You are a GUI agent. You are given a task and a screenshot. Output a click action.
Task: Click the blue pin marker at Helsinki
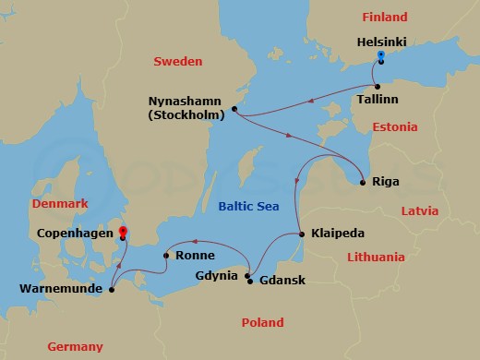[x=380, y=58]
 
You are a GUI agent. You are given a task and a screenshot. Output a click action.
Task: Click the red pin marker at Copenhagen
[x=124, y=234]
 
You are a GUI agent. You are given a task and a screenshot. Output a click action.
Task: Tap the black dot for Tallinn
[x=377, y=86]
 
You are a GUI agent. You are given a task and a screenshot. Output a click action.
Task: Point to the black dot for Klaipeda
[x=302, y=234]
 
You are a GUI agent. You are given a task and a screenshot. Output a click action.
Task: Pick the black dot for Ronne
[x=165, y=256]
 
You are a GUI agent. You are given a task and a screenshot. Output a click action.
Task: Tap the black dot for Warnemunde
[x=111, y=290]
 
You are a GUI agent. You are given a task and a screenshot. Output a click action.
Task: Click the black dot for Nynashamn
[x=235, y=109]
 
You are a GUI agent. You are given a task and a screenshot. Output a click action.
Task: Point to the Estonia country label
[x=395, y=126]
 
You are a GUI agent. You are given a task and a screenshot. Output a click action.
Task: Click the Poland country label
[x=262, y=322]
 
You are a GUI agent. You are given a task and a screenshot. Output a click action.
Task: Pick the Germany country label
[x=76, y=346]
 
